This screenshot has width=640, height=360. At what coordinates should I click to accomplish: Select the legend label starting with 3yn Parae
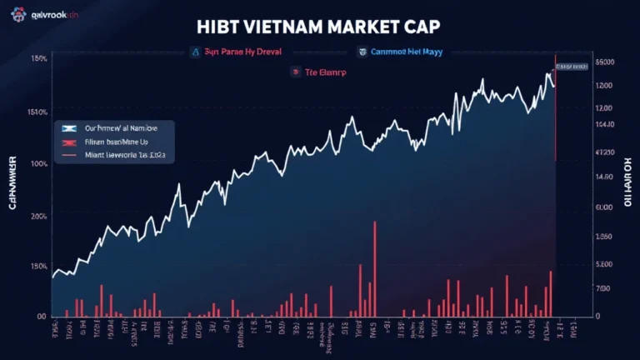tap(241, 52)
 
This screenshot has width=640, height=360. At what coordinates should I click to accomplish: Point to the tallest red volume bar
tap(375, 267)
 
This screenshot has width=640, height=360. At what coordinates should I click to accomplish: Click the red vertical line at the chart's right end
tap(555, 117)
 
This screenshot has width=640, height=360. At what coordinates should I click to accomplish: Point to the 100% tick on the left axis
tap(37, 163)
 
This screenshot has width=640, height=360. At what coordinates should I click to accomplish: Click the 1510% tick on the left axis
tap(36, 112)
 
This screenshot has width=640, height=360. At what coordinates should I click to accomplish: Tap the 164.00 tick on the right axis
tap(603, 124)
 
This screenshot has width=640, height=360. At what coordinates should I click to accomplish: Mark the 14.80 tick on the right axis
tap(603, 177)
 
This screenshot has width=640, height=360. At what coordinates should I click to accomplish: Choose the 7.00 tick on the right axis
tap(603, 287)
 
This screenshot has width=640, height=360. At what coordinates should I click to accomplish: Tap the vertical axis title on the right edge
tap(629, 180)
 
